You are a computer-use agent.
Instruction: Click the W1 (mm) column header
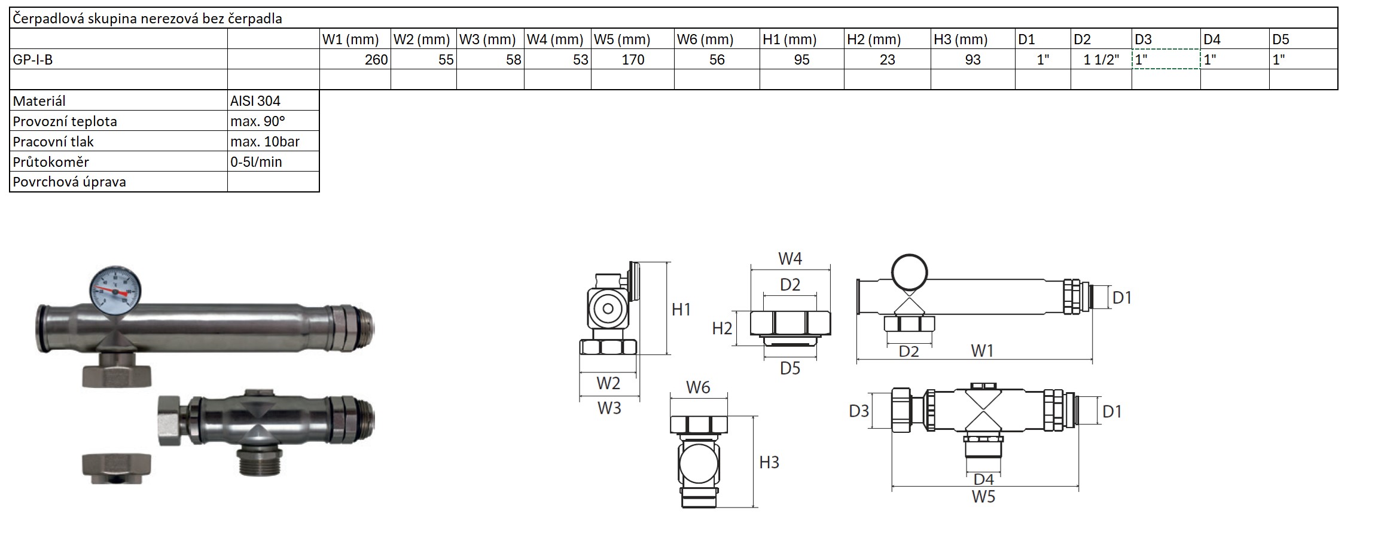[x=350, y=39]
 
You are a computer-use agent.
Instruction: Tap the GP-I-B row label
[x=33, y=60]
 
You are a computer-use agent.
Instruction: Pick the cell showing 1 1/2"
[x=1101, y=59]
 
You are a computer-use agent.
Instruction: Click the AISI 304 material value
[x=255, y=101]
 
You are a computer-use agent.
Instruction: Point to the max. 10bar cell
[x=265, y=142]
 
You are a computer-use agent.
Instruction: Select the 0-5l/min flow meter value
[x=256, y=162]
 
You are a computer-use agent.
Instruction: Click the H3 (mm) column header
[x=961, y=39]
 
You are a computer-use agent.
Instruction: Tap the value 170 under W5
[x=633, y=59]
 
